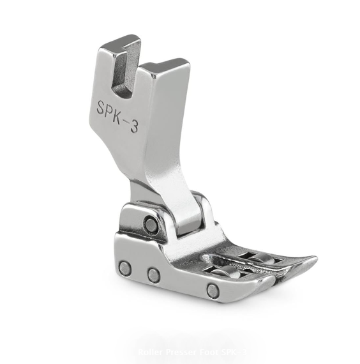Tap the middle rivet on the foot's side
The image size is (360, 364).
pyautogui.click(x=153, y=275)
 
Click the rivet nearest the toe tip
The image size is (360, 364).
pyautogui.click(x=211, y=291)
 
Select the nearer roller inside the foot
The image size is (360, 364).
pyautogui.click(x=225, y=273)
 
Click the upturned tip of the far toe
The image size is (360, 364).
pyautogui.click(x=311, y=259)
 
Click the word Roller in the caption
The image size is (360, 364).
pyautogui.click(x=151, y=353)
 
